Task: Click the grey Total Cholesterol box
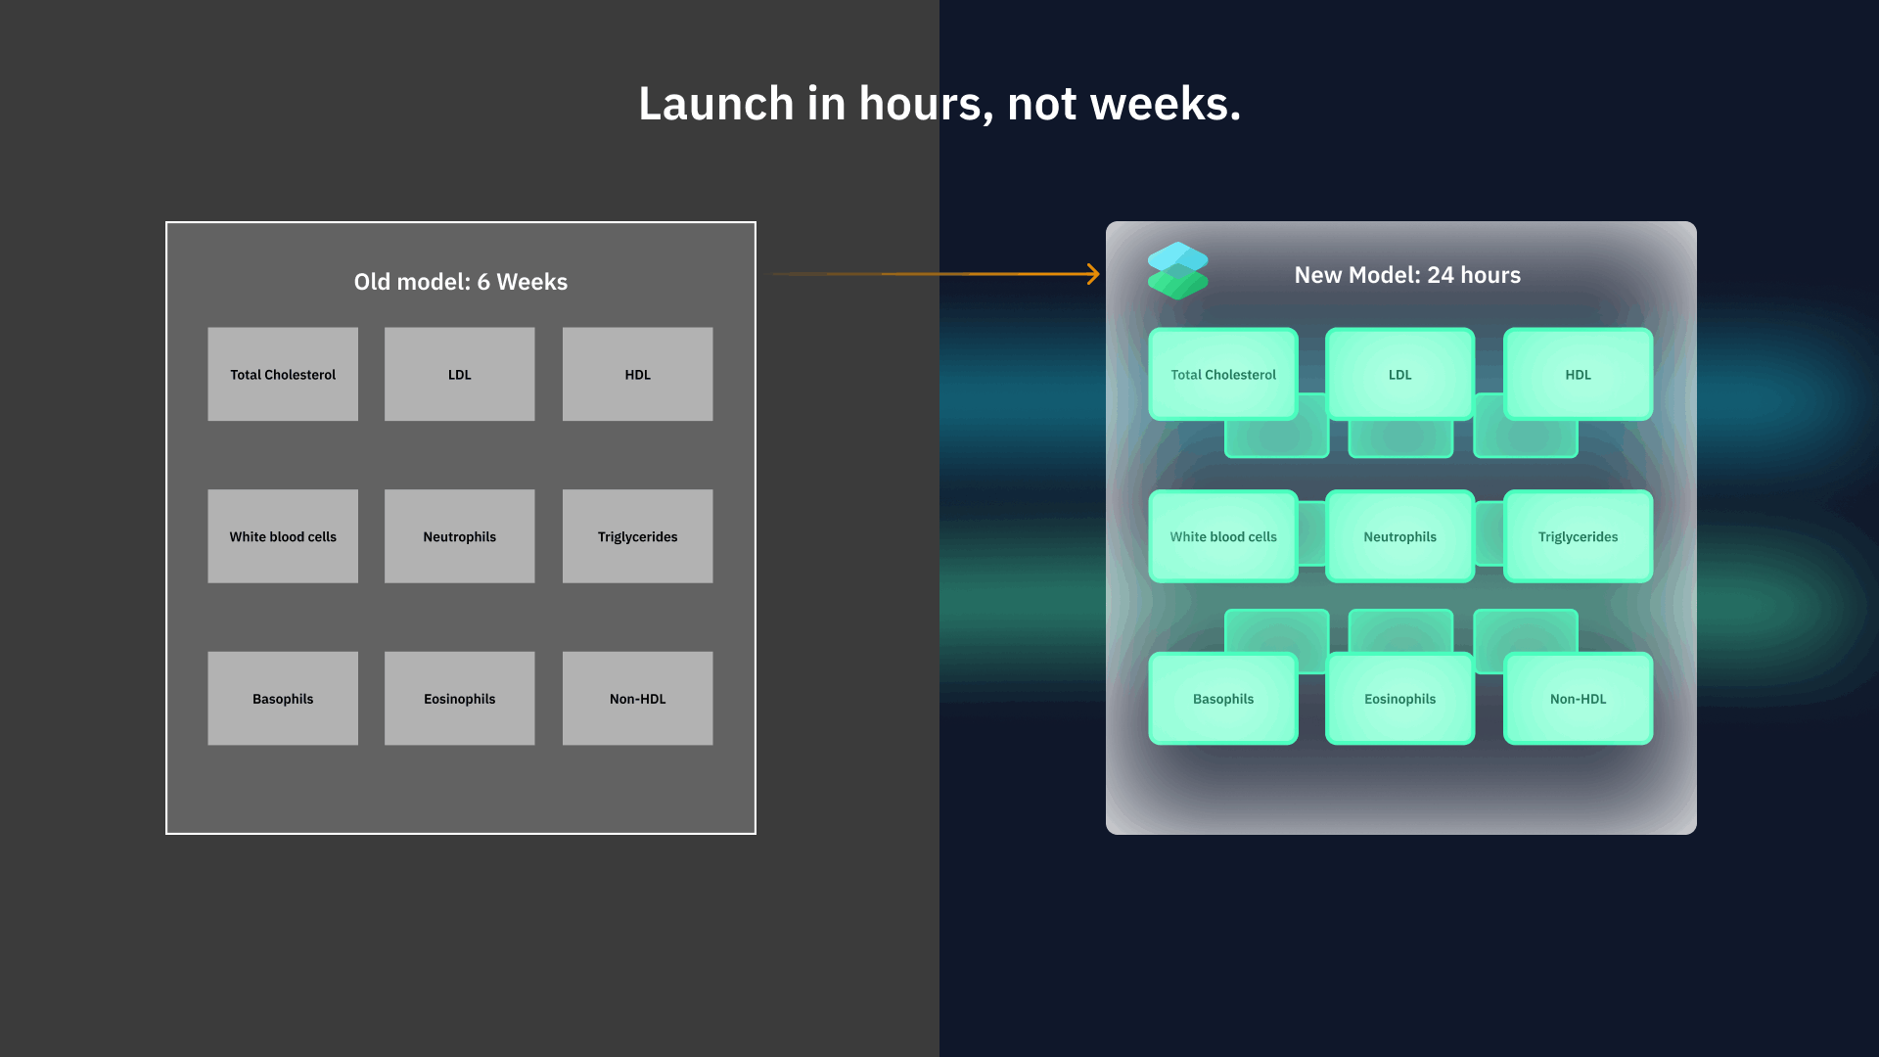tap(283, 374)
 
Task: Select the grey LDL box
tap(460, 374)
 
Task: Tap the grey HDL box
tap(638, 374)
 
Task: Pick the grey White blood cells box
tap(283, 536)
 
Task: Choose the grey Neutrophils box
tap(460, 536)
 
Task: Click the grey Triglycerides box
tap(638, 536)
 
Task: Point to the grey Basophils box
tap(283, 699)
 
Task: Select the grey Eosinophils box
tap(460, 699)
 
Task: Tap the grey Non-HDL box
tap(638, 699)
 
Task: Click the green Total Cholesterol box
tap(1223, 374)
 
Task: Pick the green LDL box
tap(1400, 374)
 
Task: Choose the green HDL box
tap(1579, 374)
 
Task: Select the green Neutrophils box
tap(1400, 536)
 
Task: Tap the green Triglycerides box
tap(1579, 536)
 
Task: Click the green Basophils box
tap(1223, 699)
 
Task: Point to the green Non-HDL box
tap(1579, 699)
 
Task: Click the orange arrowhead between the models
tap(1094, 274)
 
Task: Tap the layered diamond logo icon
tap(1177, 270)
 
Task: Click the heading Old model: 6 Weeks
tap(461, 282)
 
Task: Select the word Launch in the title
tap(716, 104)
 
